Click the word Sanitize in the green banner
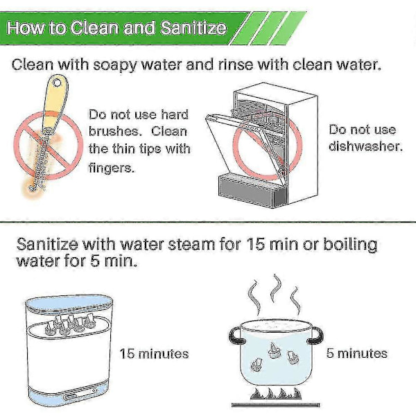click(193, 28)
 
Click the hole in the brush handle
click(56, 83)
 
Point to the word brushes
click(114, 132)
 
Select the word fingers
click(112, 168)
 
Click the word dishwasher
click(365, 146)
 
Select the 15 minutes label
click(154, 354)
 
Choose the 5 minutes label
click(356, 354)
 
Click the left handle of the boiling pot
click(234, 336)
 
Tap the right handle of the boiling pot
click(315, 335)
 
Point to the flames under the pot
click(276, 394)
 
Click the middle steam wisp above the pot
click(276, 288)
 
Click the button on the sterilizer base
click(70, 397)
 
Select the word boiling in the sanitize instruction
click(350, 245)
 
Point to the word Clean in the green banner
click(94, 28)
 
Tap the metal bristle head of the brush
click(40, 160)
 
